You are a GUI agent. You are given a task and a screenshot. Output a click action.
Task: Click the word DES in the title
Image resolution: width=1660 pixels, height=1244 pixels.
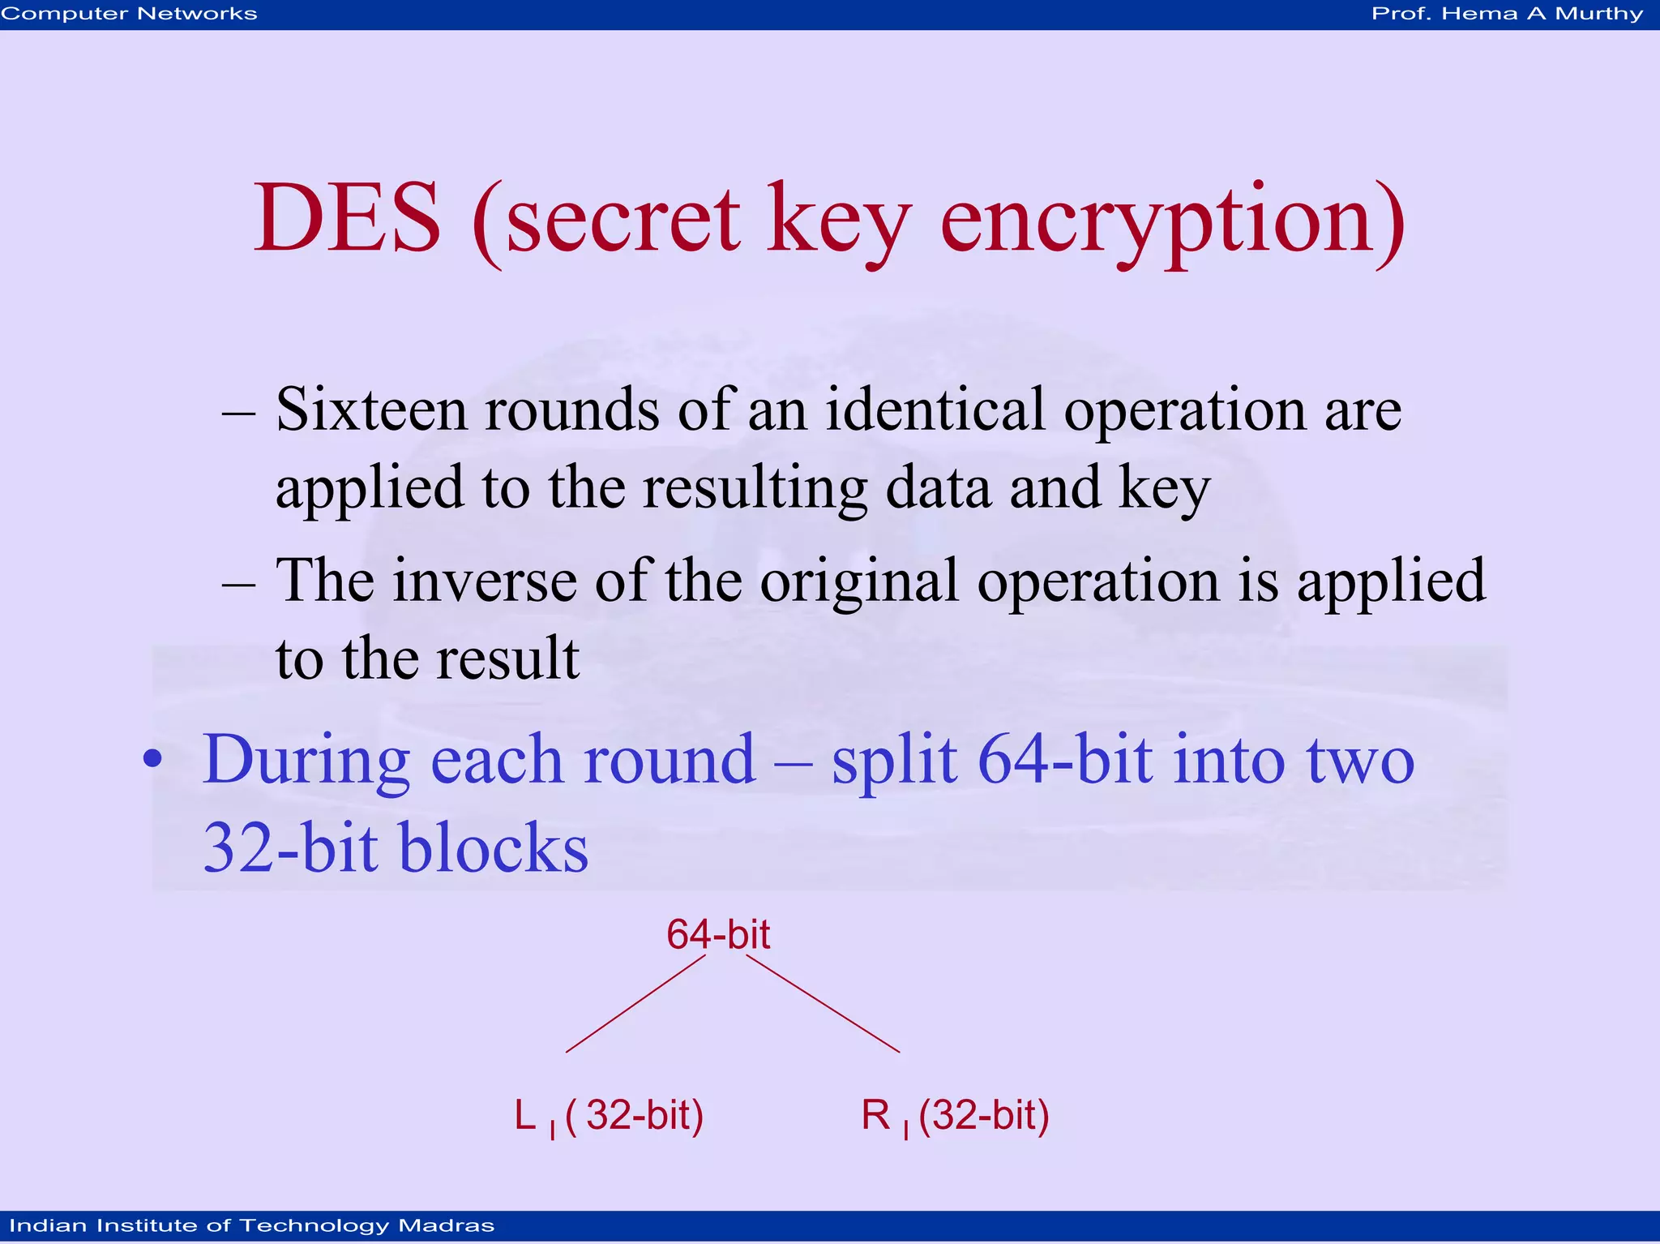point(347,219)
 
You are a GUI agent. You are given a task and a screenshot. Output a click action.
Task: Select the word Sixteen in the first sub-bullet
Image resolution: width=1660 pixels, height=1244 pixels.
point(371,410)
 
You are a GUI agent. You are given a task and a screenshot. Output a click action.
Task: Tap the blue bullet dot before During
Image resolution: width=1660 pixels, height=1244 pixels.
point(152,760)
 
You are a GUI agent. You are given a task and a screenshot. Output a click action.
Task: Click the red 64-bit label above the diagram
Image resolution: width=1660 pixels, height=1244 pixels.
point(717,934)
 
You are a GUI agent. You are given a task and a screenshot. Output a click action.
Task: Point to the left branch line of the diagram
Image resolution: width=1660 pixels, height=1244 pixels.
point(635,1004)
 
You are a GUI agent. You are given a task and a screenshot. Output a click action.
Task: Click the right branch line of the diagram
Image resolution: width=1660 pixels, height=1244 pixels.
point(822,1004)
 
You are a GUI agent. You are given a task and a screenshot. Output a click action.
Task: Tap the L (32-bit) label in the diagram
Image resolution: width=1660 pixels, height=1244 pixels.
point(609,1116)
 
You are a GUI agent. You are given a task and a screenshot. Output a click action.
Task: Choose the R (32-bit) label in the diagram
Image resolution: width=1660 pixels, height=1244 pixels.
point(955,1116)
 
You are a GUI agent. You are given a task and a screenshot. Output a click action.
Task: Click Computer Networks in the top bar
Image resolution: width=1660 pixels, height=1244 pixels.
point(130,14)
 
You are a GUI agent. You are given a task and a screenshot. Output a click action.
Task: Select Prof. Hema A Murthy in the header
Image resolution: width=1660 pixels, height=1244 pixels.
point(1507,14)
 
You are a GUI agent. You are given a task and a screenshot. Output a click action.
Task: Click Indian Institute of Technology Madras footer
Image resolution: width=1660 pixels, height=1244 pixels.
point(251,1225)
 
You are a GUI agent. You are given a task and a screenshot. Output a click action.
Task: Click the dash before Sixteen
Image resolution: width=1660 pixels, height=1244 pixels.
point(238,414)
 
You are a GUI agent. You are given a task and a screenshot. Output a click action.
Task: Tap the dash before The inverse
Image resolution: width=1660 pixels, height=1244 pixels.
point(238,585)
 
